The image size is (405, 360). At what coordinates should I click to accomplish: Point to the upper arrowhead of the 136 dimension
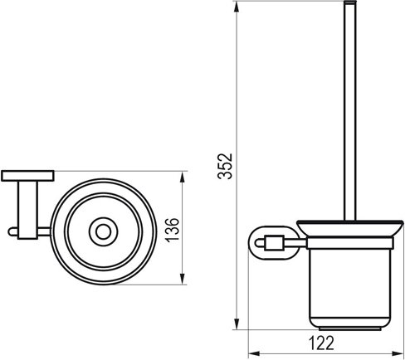(183, 175)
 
